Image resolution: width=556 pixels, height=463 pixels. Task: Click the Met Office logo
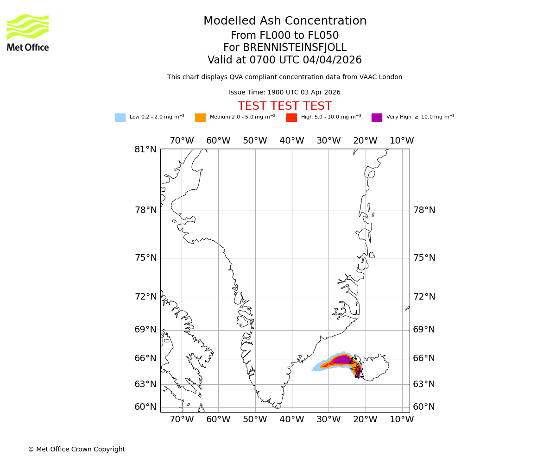(28, 32)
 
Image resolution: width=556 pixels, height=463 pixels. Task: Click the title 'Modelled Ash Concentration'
(284, 21)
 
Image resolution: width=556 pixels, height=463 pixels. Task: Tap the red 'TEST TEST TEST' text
(284, 106)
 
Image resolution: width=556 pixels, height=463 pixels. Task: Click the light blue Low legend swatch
(120, 117)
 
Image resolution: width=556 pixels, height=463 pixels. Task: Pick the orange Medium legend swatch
(200, 117)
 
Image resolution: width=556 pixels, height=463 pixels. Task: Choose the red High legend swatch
(291, 117)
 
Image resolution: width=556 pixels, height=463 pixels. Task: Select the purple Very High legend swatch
(377, 117)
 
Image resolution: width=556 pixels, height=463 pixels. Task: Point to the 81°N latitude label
(145, 150)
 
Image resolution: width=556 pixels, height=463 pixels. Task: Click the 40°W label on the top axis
(291, 141)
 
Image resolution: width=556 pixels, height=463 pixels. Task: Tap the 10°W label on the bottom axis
(402, 419)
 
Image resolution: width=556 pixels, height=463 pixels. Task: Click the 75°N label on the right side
(424, 258)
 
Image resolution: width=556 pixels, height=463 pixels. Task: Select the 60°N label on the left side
(145, 407)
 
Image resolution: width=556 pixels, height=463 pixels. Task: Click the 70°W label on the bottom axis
(182, 419)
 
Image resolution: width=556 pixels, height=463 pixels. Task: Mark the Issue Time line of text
(284, 93)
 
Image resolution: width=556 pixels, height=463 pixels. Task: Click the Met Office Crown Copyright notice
(76, 449)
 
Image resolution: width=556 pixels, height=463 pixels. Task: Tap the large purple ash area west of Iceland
(342, 360)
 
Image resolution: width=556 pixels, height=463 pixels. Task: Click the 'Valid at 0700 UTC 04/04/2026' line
(284, 60)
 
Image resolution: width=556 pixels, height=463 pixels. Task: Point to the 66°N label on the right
(424, 358)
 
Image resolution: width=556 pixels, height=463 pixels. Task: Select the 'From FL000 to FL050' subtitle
(284, 36)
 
